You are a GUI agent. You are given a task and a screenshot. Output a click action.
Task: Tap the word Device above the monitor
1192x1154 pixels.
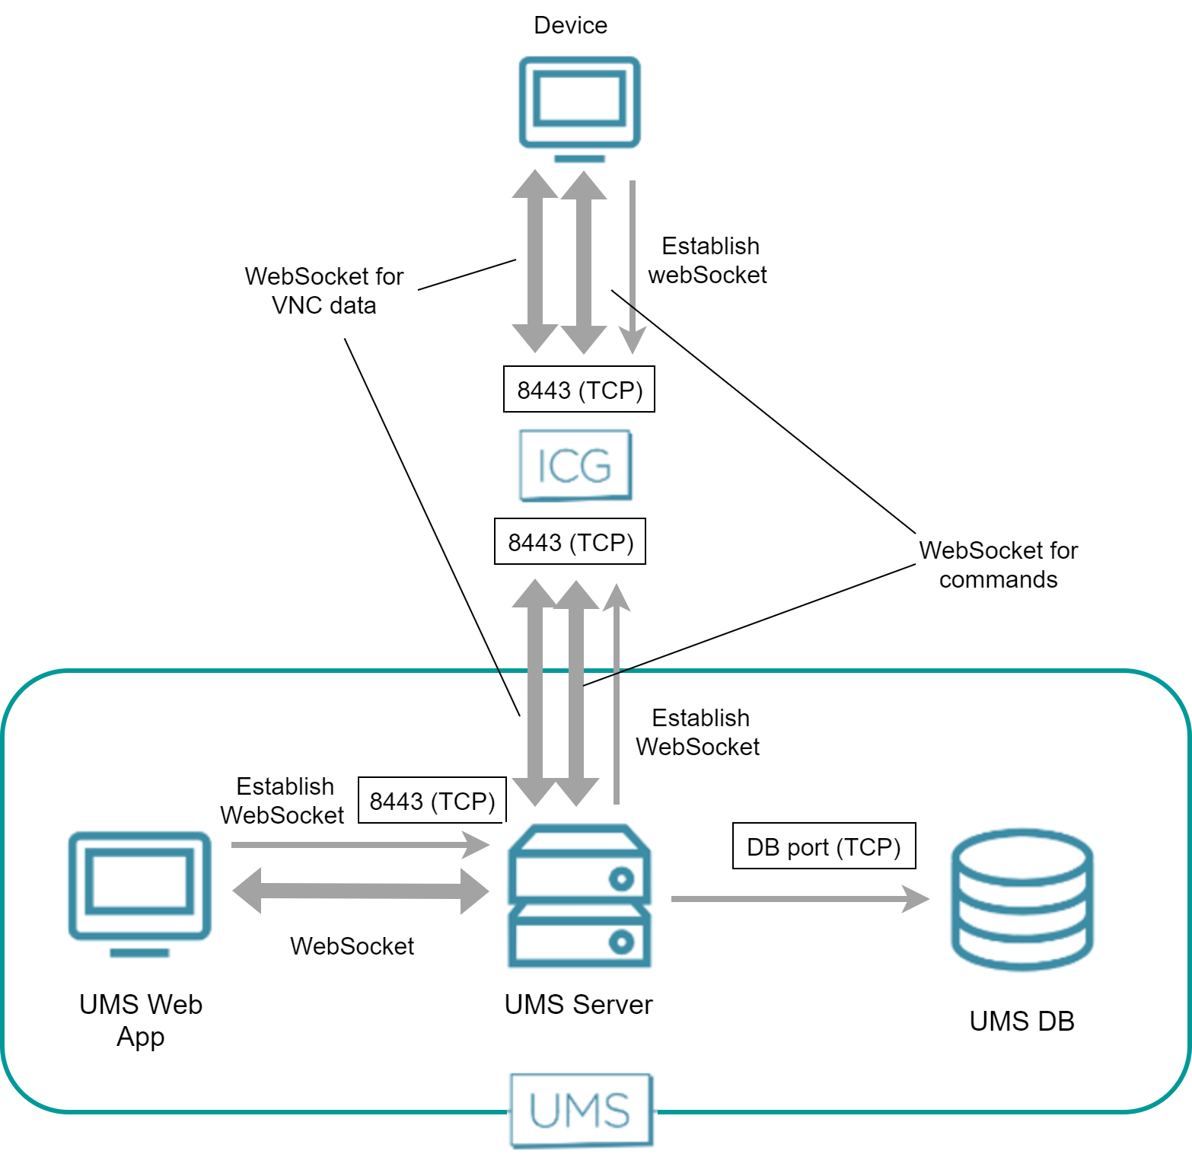[x=570, y=25]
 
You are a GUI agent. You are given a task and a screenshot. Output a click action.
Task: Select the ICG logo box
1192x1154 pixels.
[x=575, y=465]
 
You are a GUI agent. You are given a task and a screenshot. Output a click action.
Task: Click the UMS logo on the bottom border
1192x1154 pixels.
[x=582, y=1111]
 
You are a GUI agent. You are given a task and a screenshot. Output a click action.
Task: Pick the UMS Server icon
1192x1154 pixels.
[x=579, y=896]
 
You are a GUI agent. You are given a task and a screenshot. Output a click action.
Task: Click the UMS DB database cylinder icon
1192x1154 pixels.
[x=1021, y=900]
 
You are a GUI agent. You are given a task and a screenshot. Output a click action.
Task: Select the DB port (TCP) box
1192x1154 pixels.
[x=824, y=846]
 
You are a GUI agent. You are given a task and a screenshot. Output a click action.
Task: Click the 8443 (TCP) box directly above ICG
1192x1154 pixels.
[x=579, y=390]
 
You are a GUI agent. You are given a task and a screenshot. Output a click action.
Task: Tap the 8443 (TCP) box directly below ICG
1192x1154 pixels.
[x=570, y=542]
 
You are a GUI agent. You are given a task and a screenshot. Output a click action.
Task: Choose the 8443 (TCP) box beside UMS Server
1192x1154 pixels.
[x=432, y=800]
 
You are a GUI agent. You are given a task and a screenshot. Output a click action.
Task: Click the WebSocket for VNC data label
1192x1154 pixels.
[x=323, y=290]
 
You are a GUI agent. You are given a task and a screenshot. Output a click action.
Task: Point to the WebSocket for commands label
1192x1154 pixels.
[x=998, y=564]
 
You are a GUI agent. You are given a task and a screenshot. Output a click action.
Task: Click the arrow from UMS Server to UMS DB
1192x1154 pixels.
[x=799, y=899]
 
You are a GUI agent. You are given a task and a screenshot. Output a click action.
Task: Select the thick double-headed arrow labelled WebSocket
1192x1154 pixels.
[x=360, y=891]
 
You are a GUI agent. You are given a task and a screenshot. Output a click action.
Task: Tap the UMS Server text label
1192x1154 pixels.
[x=578, y=1005]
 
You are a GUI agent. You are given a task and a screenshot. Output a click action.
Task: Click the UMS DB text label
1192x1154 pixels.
[x=1021, y=1021]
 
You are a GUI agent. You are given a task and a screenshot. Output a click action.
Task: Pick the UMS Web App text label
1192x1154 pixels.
[x=141, y=1020]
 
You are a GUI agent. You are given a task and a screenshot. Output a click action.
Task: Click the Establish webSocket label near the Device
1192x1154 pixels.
[x=708, y=260]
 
